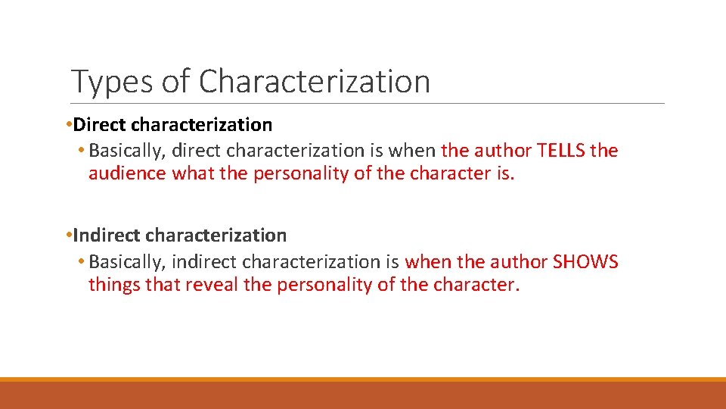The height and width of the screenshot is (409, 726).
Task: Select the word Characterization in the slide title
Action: point(314,81)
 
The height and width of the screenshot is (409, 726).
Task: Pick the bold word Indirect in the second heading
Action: point(106,236)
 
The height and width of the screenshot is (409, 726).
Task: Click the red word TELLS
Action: point(560,151)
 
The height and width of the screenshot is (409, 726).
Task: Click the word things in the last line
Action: point(113,286)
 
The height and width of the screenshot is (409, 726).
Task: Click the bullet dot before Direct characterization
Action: point(69,124)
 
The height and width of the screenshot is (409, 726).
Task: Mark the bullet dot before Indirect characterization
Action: point(69,236)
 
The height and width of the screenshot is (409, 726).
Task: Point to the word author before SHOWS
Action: point(518,262)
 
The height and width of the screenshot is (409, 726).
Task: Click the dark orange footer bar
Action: point(363,395)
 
